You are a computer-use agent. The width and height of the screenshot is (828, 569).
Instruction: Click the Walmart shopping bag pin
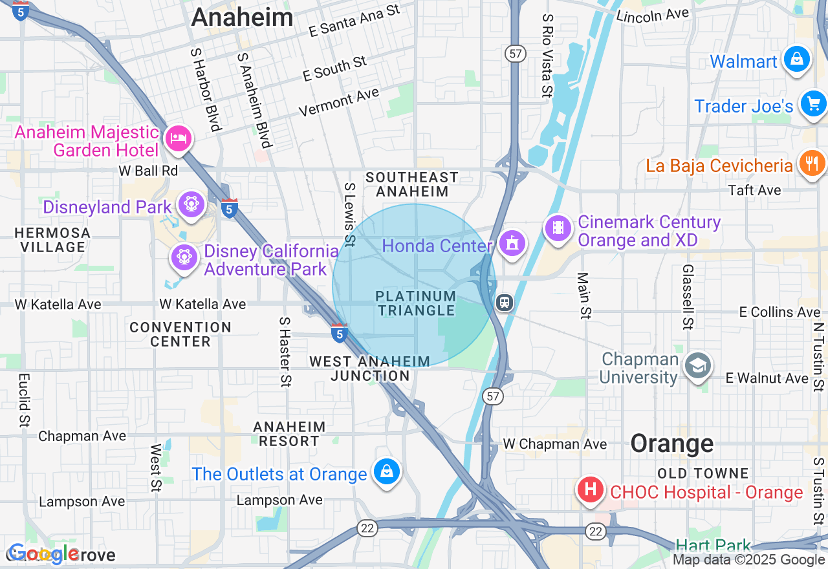click(796, 59)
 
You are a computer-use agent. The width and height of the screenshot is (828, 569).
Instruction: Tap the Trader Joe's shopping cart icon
click(812, 103)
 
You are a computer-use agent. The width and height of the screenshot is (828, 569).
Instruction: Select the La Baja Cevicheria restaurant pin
click(812, 162)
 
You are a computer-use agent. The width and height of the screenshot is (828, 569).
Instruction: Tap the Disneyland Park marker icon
click(191, 204)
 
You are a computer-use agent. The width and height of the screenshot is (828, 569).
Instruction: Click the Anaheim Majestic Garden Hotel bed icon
click(178, 138)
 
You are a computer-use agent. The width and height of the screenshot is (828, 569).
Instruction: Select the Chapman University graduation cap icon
click(697, 366)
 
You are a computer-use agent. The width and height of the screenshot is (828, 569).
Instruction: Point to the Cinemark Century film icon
click(558, 228)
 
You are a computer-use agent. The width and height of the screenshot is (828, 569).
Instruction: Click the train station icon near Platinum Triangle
click(505, 302)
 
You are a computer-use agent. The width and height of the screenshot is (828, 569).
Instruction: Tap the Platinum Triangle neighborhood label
click(417, 303)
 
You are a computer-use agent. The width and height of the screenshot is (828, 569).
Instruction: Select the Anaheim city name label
click(243, 17)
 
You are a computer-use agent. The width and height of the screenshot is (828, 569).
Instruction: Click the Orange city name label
click(672, 444)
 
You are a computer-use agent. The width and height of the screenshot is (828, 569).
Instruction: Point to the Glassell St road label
click(688, 296)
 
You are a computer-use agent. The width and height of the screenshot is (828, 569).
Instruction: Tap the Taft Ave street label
click(754, 190)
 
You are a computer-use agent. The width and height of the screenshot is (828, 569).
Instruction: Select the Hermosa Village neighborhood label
click(52, 240)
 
